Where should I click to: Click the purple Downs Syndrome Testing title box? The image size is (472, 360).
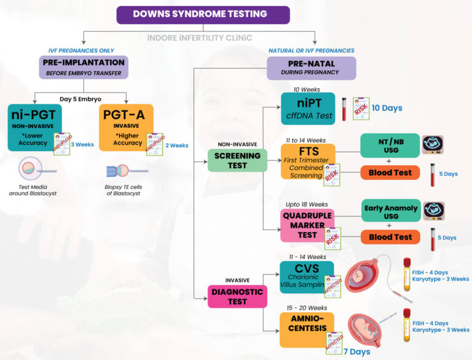(203, 15)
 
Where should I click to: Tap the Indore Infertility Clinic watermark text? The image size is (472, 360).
(200, 37)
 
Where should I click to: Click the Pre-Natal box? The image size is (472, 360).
(311, 68)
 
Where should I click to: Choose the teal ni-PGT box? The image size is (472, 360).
(35, 127)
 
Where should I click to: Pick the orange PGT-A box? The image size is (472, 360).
(126, 127)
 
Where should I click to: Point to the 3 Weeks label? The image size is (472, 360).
(82, 145)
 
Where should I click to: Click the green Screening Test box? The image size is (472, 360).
(237, 160)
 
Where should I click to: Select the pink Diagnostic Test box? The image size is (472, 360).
(237, 297)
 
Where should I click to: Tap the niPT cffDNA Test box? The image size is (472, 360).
(307, 108)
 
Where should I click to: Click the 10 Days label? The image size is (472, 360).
(387, 108)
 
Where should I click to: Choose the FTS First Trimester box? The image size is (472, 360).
(308, 162)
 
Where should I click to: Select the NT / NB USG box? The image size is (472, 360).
(390, 146)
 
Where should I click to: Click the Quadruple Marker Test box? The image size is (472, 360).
(307, 225)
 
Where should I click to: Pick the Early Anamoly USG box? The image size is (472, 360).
(390, 210)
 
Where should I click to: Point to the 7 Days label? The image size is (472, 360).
(356, 352)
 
